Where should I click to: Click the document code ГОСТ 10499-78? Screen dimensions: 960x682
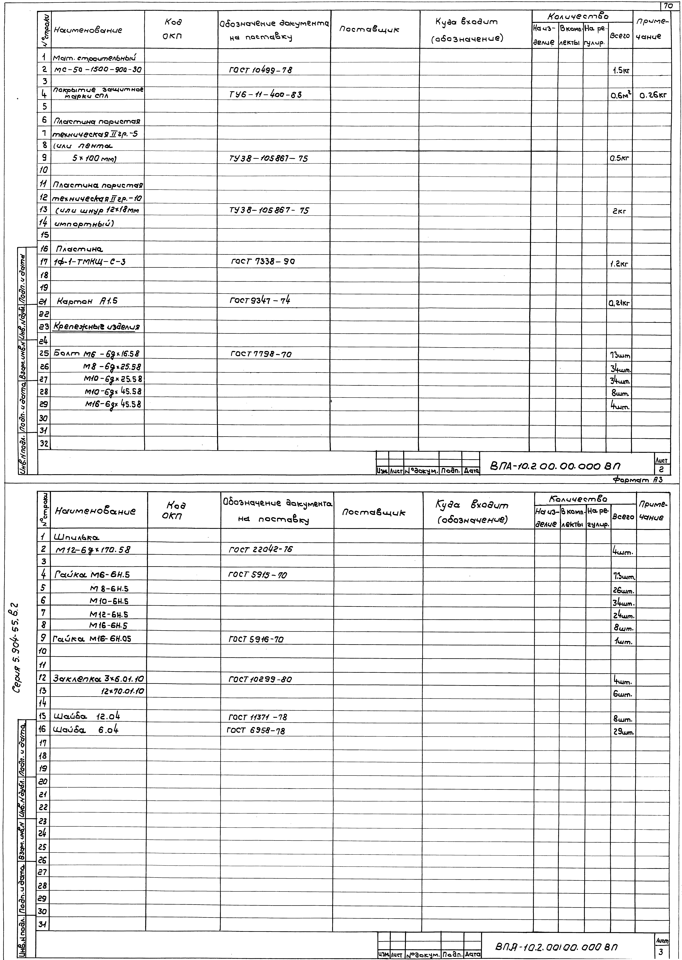point(260,70)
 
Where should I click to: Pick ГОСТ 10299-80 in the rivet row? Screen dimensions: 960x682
point(260,679)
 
